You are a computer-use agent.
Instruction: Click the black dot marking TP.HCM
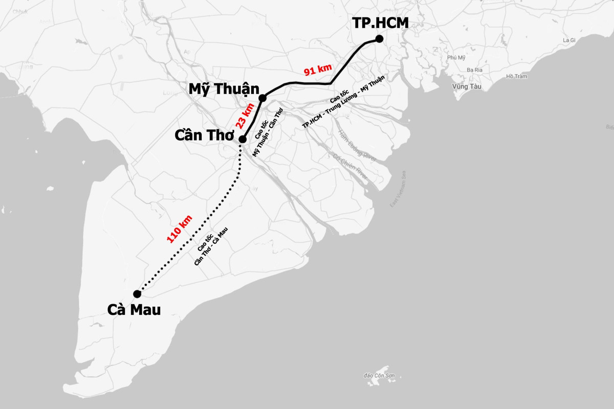click(x=379, y=39)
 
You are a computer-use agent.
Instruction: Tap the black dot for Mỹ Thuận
click(x=262, y=98)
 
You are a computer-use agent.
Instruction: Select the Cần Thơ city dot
click(x=243, y=139)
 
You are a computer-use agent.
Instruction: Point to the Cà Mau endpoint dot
click(x=137, y=293)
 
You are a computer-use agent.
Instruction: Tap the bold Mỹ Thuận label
click(x=224, y=89)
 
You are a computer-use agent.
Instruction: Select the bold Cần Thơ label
click(x=205, y=136)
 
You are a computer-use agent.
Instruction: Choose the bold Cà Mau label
click(x=134, y=309)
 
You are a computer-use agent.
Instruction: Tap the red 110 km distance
click(x=180, y=228)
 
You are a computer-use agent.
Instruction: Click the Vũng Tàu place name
click(x=467, y=86)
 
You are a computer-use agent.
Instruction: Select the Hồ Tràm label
click(x=516, y=77)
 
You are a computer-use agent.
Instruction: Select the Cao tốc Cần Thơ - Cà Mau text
click(x=210, y=246)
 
